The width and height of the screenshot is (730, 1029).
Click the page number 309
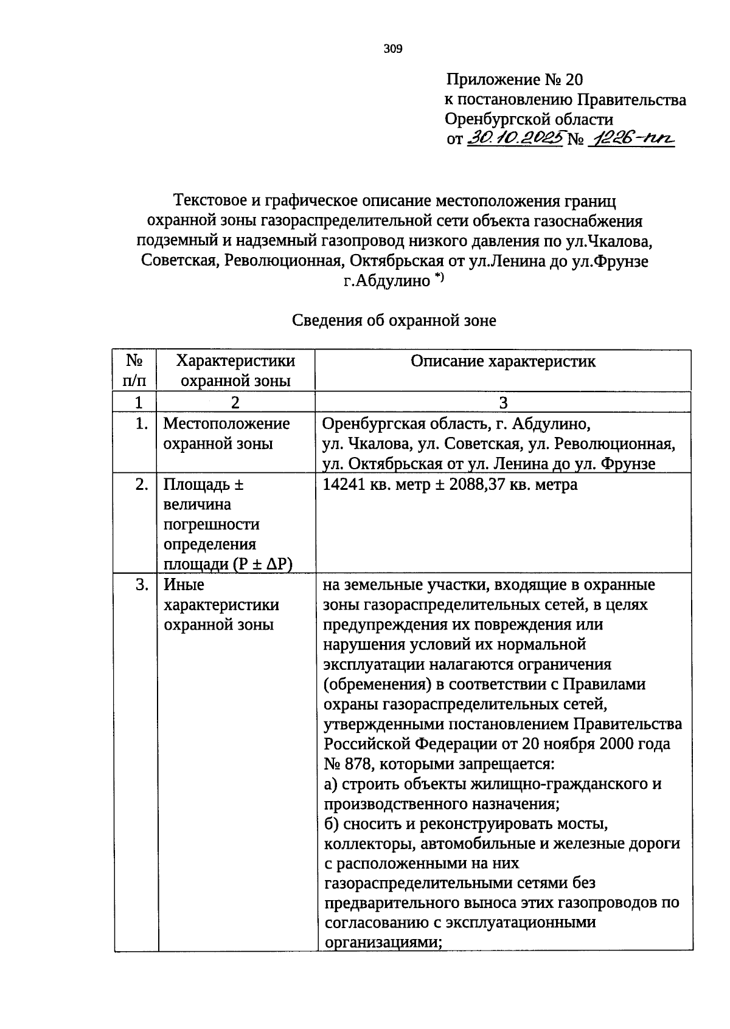(x=393, y=49)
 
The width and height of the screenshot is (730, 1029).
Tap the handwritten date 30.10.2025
(x=515, y=139)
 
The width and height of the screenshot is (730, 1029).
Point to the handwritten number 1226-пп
(x=633, y=139)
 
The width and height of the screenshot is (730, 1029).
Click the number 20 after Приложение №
(x=574, y=80)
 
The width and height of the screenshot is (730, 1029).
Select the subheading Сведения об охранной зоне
(x=394, y=320)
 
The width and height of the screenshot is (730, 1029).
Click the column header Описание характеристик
(x=502, y=362)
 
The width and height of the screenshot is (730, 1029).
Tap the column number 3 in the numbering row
(x=502, y=402)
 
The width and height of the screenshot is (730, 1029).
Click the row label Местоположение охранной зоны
(x=226, y=433)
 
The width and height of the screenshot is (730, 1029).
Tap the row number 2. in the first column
(x=142, y=485)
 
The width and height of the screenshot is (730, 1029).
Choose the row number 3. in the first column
(x=142, y=585)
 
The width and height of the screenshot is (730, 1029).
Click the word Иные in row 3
(x=184, y=585)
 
